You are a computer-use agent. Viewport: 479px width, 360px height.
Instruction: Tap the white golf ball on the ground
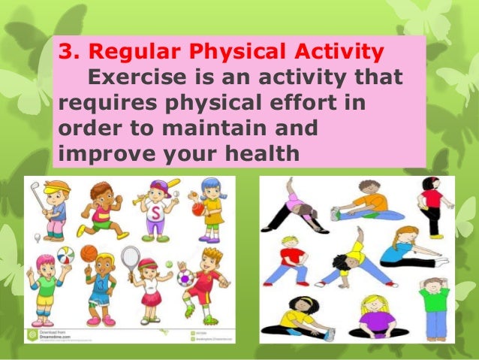(37, 238)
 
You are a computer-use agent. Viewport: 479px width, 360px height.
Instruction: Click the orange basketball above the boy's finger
(89, 253)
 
